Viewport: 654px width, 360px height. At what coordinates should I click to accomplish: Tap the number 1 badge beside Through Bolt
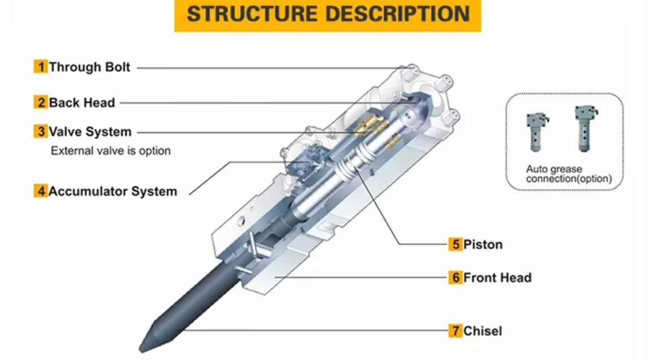click(40, 67)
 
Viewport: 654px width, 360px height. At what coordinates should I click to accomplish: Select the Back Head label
click(81, 103)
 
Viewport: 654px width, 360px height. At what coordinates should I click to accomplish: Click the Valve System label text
click(90, 132)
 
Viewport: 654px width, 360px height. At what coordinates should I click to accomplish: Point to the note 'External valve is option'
click(110, 151)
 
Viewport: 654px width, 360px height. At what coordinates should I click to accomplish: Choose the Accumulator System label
click(112, 191)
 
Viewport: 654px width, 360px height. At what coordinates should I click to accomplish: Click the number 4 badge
click(40, 191)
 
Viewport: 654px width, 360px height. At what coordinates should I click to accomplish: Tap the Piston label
click(483, 244)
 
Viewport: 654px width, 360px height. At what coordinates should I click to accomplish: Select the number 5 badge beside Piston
click(456, 244)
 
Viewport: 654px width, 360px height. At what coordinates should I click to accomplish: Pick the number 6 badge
click(456, 277)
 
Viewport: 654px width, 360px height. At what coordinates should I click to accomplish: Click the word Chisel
click(482, 331)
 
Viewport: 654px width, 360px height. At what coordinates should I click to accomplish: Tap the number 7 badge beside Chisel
click(456, 331)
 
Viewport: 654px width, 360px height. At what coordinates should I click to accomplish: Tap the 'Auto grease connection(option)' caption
click(568, 174)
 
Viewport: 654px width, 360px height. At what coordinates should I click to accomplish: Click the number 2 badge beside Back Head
click(40, 103)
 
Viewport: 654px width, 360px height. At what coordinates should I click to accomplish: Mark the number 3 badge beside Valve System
click(40, 132)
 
